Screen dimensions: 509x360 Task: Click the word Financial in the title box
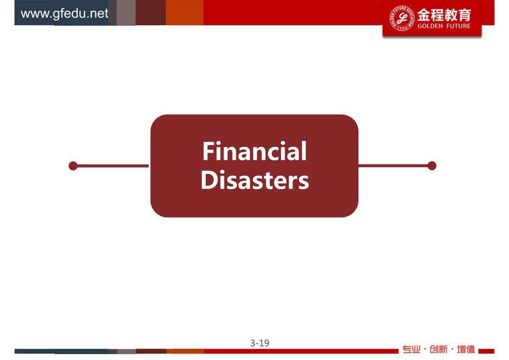pos(254,151)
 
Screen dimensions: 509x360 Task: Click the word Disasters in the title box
pos(255,180)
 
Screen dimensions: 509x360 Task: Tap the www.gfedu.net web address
pos(64,13)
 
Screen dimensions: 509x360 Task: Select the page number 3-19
pos(260,343)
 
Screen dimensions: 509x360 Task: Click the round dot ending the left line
pos(73,166)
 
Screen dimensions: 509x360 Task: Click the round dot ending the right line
pos(432,166)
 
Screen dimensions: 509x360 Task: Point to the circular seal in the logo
pos(402,18)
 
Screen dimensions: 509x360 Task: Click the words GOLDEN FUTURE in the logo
pos(444,26)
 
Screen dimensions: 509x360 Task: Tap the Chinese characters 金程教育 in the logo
pos(444,14)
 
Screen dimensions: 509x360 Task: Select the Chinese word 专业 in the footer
pos(411,349)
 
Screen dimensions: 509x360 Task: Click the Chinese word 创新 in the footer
pos(438,349)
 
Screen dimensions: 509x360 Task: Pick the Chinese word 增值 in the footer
pos(466,349)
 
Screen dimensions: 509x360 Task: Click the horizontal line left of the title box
pos(113,166)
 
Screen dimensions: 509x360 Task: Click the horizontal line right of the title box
pos(393,166)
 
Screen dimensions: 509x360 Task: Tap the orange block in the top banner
pos(184,12)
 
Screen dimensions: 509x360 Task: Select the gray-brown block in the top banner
pos(126,12)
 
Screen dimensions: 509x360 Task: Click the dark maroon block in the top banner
pos(151,12)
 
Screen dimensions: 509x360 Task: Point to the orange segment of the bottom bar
pos(185,351)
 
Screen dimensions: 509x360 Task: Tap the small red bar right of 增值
pos(486,351)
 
